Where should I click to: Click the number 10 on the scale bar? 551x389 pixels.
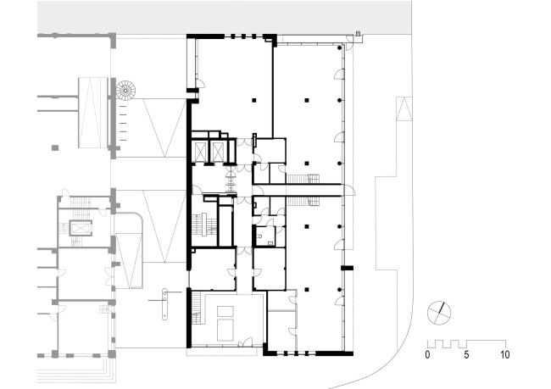[x=505, y=355]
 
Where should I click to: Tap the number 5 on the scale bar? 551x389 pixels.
[x=466, y=355]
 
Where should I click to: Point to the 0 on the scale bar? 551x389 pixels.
[x=427, y=355]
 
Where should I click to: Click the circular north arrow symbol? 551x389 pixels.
[x=439, y=313]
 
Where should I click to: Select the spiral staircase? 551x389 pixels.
[x=125, y=91]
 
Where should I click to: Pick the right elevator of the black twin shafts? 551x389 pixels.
[x=218, y=153]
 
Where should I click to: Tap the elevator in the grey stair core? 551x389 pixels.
[x=81, y=229]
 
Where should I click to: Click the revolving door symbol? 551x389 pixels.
[x=231, y=179]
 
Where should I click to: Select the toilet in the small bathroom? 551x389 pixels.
[x=259, y=236]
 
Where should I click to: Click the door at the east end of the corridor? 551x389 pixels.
[x=349, y=190]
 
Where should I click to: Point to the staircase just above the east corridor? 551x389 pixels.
[x=303, y=179]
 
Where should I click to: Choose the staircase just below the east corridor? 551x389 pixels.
[x=303, y=201]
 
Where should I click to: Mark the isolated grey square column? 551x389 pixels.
[x=55, y=148]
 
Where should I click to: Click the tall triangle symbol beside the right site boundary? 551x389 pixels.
[x=404, y=109]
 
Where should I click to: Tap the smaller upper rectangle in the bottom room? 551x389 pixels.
[x=225, y=311]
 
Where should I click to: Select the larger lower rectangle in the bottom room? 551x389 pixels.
[x=225, y=330]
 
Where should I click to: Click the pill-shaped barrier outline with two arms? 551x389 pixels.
[x=164, y=304]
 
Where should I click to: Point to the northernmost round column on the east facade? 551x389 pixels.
[x=339, y=47]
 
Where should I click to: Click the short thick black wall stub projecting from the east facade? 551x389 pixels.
[x=348, y=268]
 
